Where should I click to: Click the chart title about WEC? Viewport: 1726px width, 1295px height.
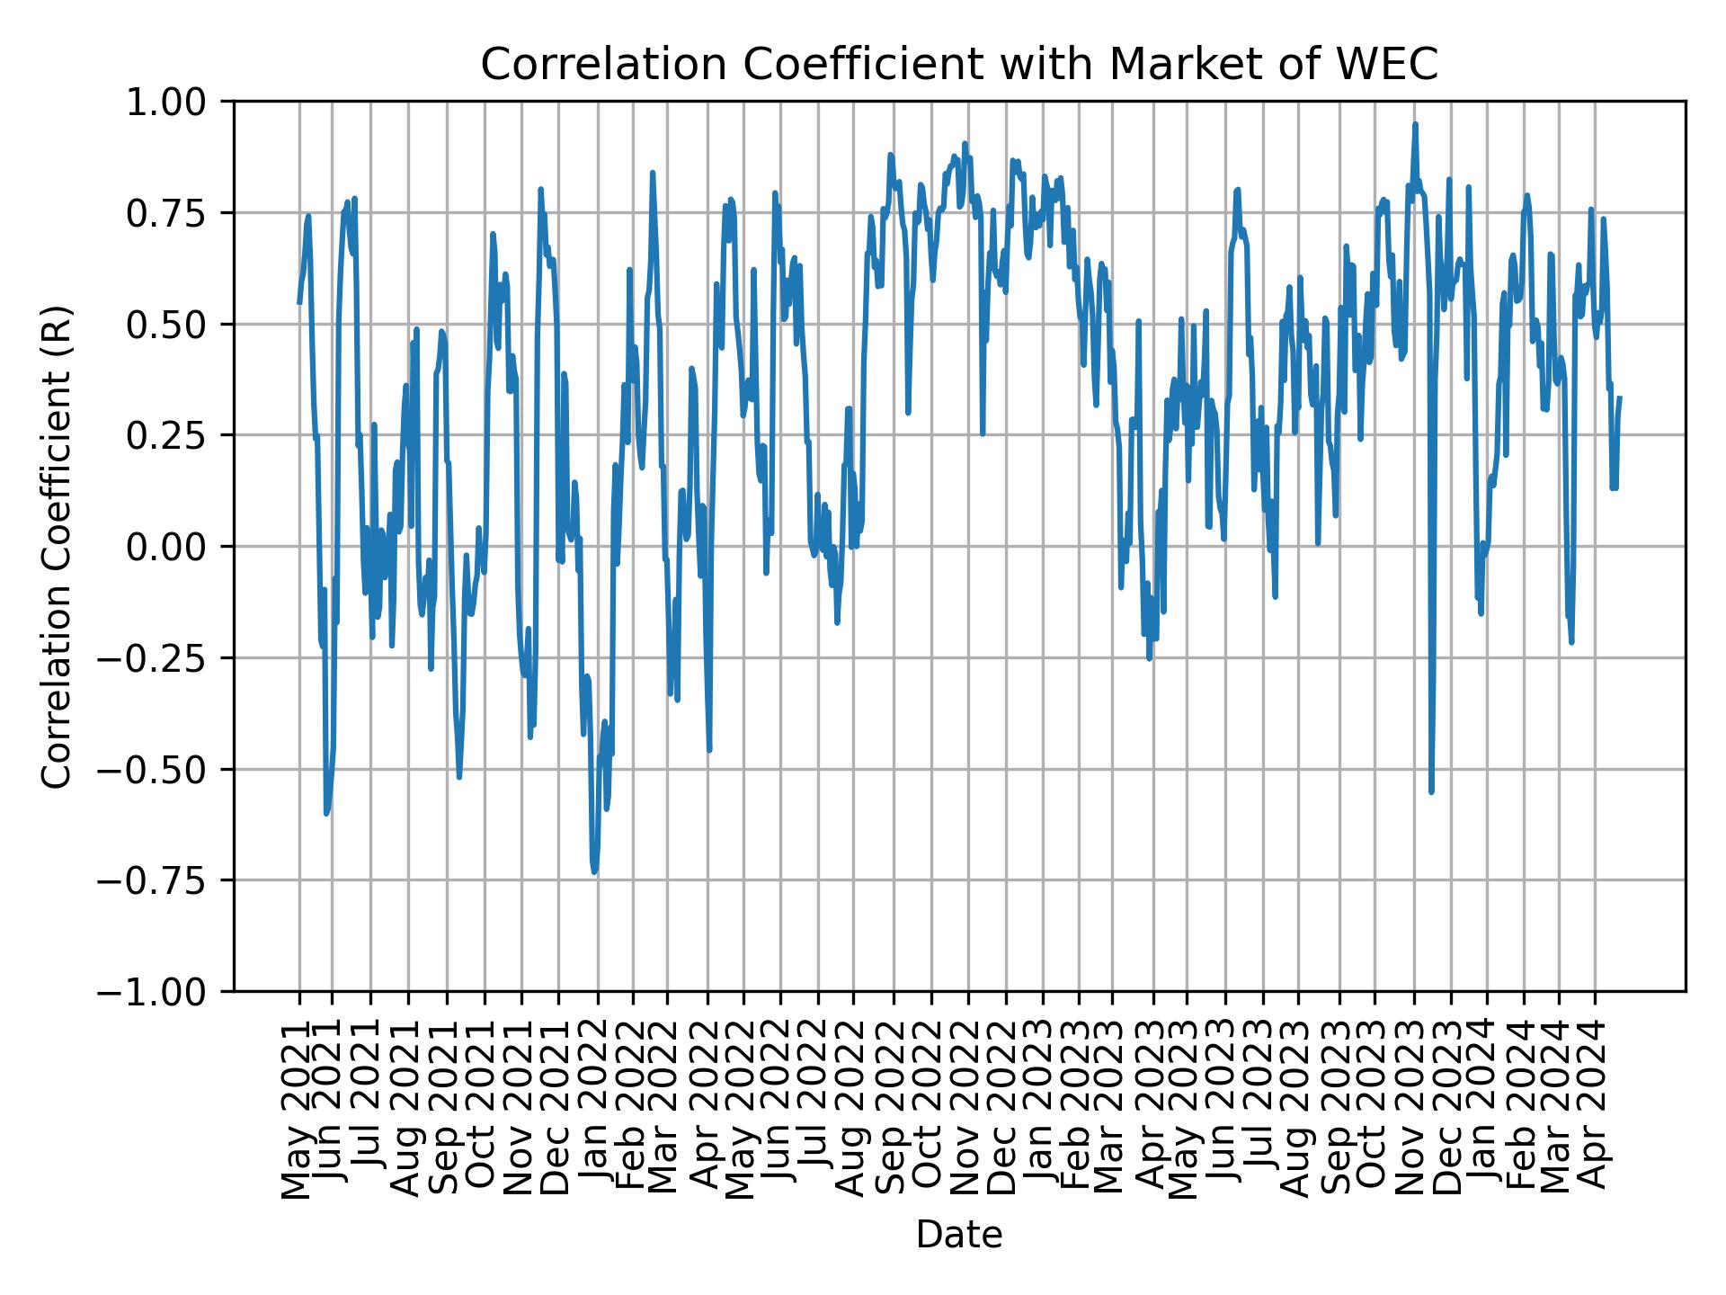pos(959,65)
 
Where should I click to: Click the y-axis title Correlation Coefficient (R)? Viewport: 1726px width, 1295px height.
pos(56,546)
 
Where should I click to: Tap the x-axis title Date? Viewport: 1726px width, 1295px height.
pos(959,1235)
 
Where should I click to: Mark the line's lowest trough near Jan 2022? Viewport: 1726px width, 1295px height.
pos(594,871)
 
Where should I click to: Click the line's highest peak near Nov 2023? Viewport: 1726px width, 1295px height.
pos(1415,124)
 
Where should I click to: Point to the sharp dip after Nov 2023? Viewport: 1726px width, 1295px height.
pos(1431,792)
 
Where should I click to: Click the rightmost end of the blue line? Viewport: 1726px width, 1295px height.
pos(1620,397)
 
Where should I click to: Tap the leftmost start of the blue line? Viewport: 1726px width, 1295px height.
pos(299,303)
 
